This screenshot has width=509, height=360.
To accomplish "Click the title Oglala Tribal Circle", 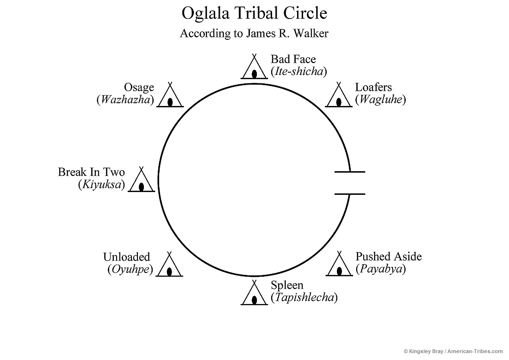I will (254, 13).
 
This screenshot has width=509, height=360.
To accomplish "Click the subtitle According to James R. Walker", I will (254, 34).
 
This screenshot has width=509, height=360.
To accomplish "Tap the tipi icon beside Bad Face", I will (254, 68).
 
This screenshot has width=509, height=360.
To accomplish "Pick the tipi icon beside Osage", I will (170, 96).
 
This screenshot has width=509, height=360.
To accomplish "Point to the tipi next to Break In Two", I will (141, 180).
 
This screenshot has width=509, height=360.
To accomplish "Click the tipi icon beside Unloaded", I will (169, 265).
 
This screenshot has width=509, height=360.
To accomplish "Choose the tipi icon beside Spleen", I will (254, 293).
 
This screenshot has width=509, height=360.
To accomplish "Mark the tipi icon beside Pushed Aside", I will (339, 265).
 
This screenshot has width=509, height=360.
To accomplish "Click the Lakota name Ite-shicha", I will (299, 72).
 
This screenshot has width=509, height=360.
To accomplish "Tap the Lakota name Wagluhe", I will (380, 99).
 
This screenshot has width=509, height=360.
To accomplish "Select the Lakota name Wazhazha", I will (125, 99).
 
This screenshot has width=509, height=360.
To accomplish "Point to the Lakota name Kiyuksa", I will (101, 185).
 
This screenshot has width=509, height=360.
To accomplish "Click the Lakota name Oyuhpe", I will (130, 269).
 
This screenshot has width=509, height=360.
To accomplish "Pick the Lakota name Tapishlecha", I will (304, 298).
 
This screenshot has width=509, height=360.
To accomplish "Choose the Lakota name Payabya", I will (380, 269).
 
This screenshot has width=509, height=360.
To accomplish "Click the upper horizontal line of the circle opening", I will (350, 172).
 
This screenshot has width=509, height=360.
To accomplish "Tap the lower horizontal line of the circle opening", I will (350, 194).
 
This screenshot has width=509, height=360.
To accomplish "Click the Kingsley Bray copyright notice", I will (453, 352).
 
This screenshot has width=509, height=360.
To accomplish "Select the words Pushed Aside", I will (389, 257).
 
